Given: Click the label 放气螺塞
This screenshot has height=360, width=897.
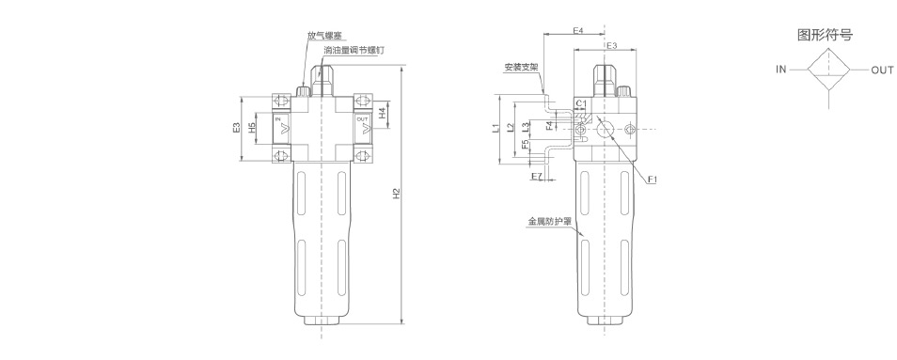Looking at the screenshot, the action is point(324,36).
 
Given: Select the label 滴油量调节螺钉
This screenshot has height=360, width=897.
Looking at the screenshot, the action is point(354,50).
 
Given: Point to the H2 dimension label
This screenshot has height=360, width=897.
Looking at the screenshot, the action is point(396,194).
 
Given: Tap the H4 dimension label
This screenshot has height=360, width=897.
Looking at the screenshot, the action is point(382,115).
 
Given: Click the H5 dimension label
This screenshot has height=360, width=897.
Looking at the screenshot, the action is point(252,128).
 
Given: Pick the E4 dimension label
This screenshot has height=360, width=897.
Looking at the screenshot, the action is point(578,30).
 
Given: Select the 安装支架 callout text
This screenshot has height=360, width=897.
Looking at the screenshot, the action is point(521,68).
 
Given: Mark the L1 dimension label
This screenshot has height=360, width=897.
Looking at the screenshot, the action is point(496,129).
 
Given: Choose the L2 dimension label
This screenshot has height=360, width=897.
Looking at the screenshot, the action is point(511,128).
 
